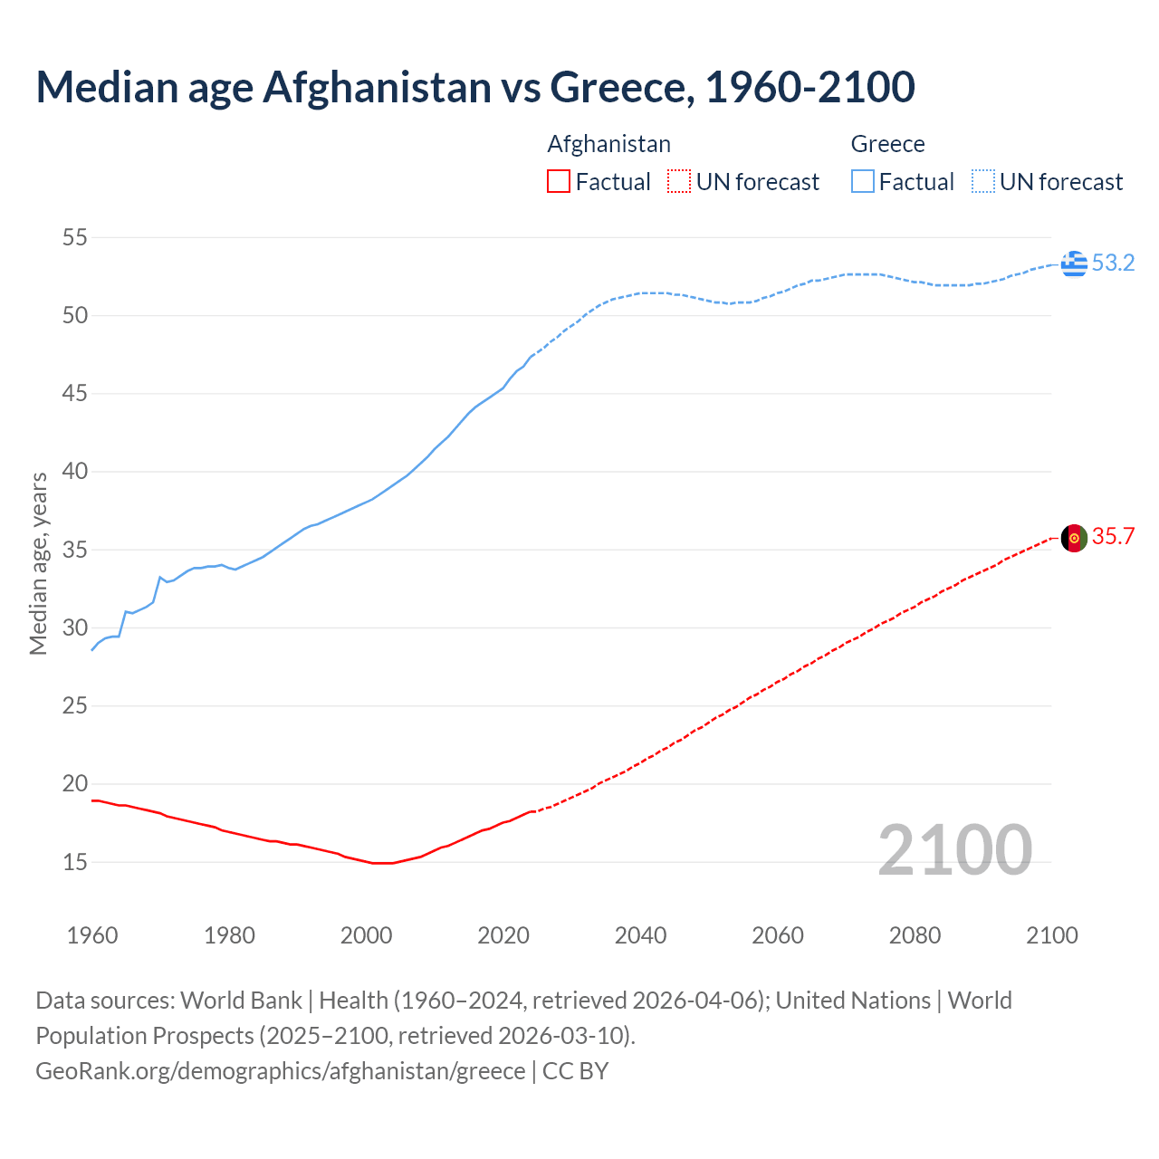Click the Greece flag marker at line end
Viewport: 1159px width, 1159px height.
point(1074,263)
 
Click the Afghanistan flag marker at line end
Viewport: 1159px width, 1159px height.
point(1074,538)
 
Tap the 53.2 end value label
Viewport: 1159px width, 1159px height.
point(1113,263)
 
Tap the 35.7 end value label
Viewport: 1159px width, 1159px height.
point(1113,537)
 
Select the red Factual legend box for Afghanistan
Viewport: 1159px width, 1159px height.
point(559,182)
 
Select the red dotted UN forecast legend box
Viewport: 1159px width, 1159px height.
point(679,182)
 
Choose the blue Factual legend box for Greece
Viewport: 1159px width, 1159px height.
point(863,182)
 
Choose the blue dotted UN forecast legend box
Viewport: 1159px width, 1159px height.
point(982,182)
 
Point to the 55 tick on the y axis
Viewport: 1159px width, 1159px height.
point(74,238)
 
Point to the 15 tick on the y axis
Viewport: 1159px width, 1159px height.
point(74,862)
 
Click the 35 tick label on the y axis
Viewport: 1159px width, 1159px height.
point(74,551)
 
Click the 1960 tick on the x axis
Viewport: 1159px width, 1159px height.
point(92,935)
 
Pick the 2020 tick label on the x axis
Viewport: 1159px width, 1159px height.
point(503,935)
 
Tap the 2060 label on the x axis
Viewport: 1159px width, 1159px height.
point(778,935)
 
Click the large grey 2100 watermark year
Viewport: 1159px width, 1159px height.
point(954,850)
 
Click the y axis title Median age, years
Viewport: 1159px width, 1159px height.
point(38,563)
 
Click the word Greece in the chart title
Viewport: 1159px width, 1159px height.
point(621,87)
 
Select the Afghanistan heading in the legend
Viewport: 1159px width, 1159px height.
point(608,144)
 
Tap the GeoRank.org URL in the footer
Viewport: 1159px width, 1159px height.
point(280,1071)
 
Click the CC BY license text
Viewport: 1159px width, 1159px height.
point(576,1071)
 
